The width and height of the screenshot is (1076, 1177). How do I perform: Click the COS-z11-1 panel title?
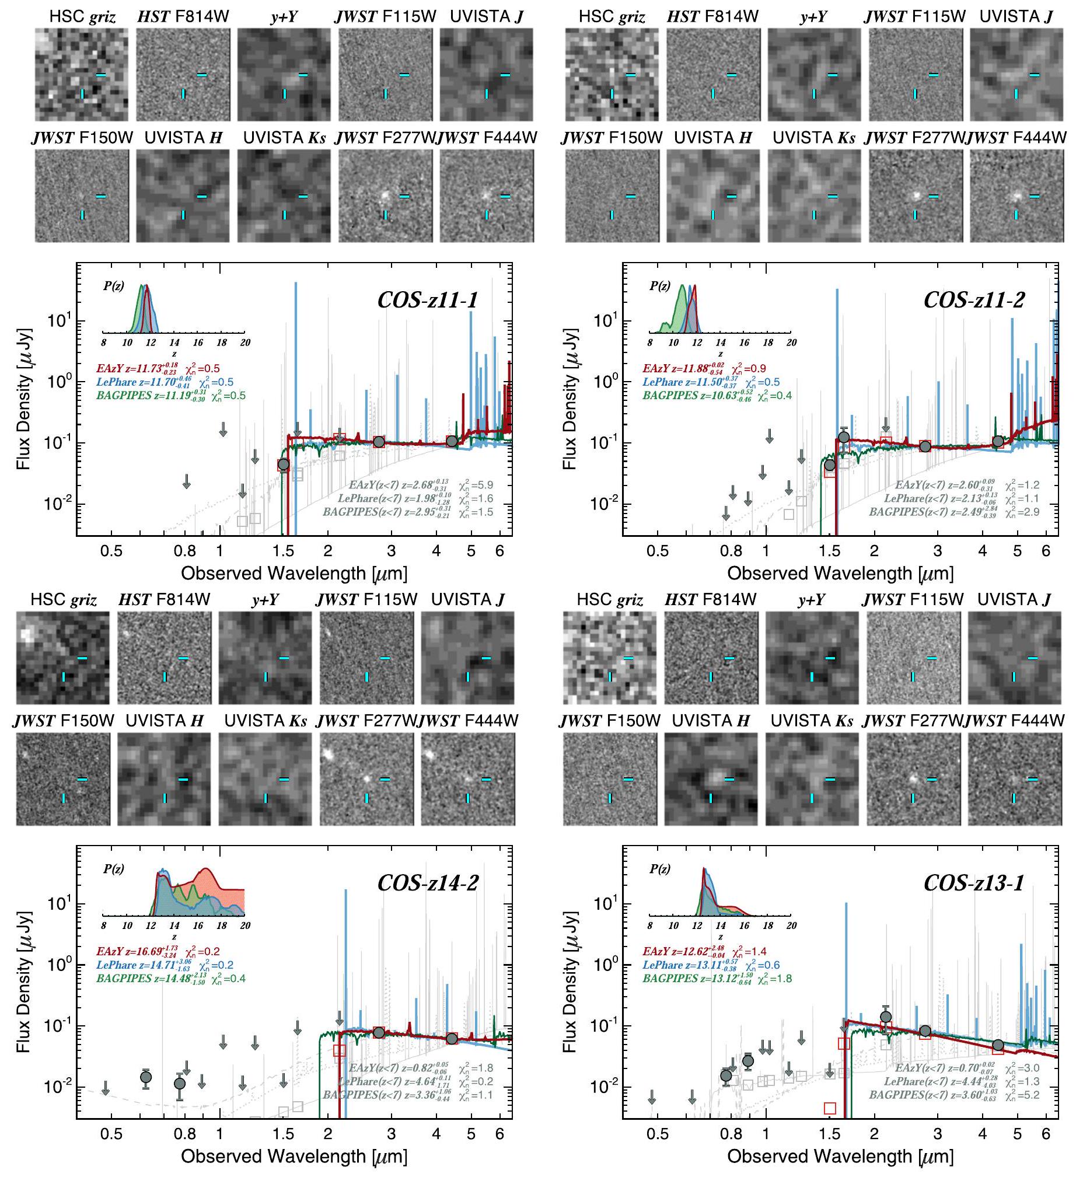(x=427, y=300)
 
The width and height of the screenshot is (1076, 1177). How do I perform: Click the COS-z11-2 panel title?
(x=974, y=300)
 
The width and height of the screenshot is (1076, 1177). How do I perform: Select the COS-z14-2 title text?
(x=427, y=883)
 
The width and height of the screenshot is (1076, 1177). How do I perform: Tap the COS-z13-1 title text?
(x=974, y=883)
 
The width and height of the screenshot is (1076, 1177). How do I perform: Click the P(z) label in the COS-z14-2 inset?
(x=113, y=869)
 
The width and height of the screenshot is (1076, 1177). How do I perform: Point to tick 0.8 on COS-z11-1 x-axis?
(x=186, y=550)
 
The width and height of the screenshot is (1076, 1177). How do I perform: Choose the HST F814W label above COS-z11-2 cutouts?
(x=712, y=17)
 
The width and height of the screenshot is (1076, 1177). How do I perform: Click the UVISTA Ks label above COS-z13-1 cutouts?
(x=812, y=721)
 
